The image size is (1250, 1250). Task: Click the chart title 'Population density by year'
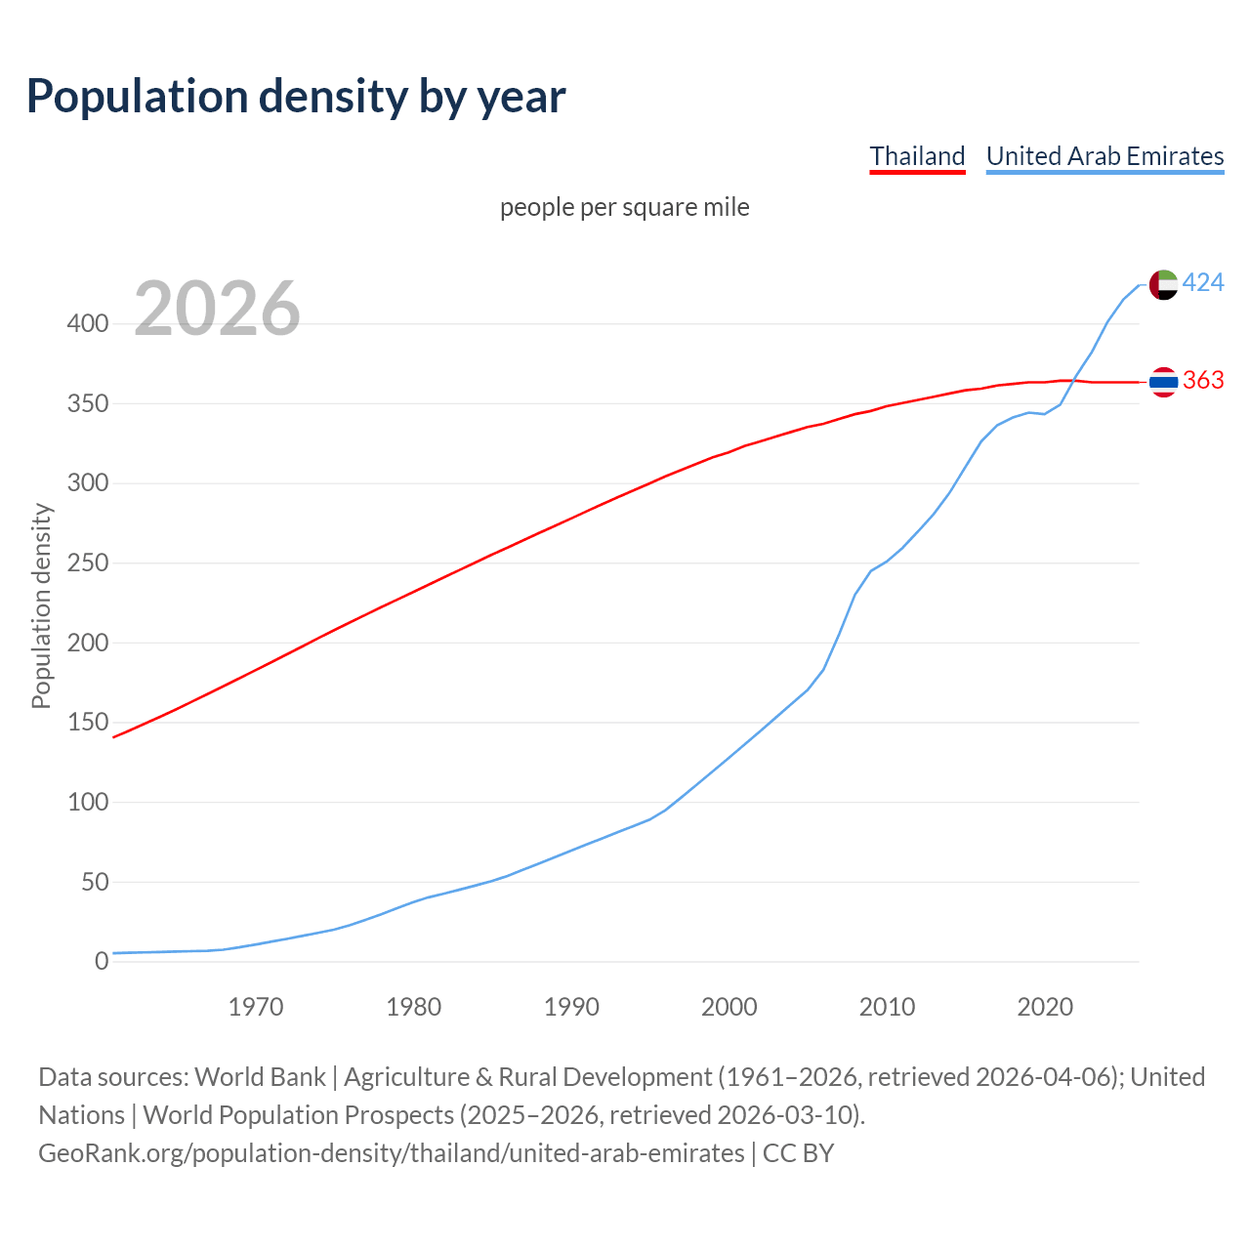pos(296,96)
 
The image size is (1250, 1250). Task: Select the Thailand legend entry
pos(917,156)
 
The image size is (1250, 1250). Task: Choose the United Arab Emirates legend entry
pos(1104,156)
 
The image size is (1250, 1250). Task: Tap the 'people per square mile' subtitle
pos(625,207)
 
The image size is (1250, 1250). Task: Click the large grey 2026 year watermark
pos(217,309)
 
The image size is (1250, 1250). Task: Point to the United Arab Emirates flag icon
pos(1163,284)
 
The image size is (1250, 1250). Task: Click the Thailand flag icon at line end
pos(1163,382)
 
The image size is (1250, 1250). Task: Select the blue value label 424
pos(1203,283)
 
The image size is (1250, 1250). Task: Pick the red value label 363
pos(1203,380)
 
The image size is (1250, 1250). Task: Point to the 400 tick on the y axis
pos(87,323)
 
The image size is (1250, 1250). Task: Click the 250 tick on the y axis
pos(87,563)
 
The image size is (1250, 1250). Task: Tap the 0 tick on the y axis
pos(102,962)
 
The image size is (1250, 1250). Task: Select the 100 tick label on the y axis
pos(87,803)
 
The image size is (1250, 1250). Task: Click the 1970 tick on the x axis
pos(256,1007)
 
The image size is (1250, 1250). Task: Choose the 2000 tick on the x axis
pos(729,1007)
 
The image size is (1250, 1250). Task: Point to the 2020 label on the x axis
pos(1045,1007)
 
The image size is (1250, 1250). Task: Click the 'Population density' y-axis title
pos(41,605)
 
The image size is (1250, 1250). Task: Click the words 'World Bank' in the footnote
pos(260,1077)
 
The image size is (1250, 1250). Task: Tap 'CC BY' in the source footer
pos(798,1153)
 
